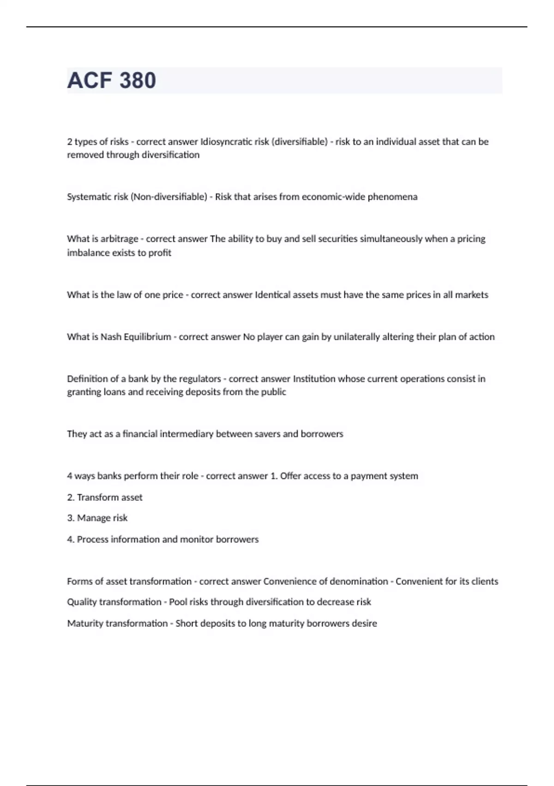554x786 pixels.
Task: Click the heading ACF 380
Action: (112, 80)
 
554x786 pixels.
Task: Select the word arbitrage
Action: (119, 239)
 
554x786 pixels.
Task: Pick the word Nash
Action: (111, 337)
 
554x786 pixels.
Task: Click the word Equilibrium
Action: (147, 337)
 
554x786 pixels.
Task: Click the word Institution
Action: (314, 379)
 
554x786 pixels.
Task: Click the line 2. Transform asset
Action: (105, 497)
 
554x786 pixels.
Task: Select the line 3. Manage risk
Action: (97, 518)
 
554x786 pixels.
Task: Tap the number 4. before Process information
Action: (71, 540)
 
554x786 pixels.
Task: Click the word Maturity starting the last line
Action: (85, 624)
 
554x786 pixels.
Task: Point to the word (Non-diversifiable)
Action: (169, 197)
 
